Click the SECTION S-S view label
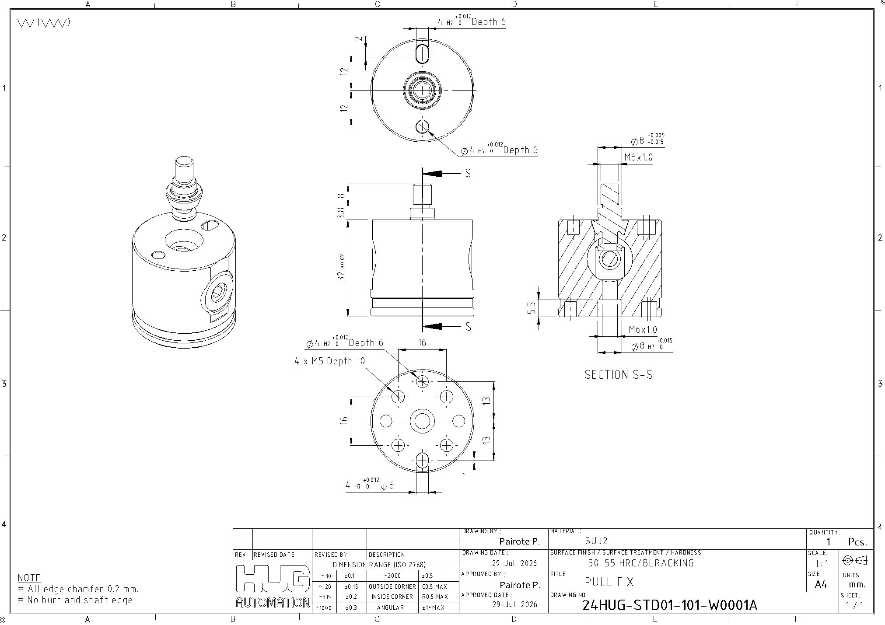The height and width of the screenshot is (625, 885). (x=618, y=375)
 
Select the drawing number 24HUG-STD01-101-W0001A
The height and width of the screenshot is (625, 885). (x=669, y=605)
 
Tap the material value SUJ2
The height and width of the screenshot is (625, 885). (x=596, y=541)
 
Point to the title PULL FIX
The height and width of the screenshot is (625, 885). (x=609, y=582)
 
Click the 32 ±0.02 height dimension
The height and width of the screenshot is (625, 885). (x=341, y=268)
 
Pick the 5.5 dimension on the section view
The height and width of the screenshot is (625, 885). (x=532, y=308)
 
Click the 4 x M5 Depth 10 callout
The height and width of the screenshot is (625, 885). (x=329, y=361)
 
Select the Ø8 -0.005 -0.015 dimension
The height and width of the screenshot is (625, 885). (x=647, y=140)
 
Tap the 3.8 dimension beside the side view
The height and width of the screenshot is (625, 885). (x=341, y=213)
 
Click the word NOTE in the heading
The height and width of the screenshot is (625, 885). (x=29, y=578)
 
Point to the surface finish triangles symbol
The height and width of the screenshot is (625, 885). (x=43, y=23)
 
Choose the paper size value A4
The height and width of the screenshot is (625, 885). (x=821, y=584)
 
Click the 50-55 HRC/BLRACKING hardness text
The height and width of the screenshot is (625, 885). (x=641, y=563)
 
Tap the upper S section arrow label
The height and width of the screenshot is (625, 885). (x=468, y=174)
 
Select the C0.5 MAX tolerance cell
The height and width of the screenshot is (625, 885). (x=434, y=587)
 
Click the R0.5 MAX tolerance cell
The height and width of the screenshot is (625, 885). (x=434, y=597)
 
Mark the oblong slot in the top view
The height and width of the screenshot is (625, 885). (x=423, y=54)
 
